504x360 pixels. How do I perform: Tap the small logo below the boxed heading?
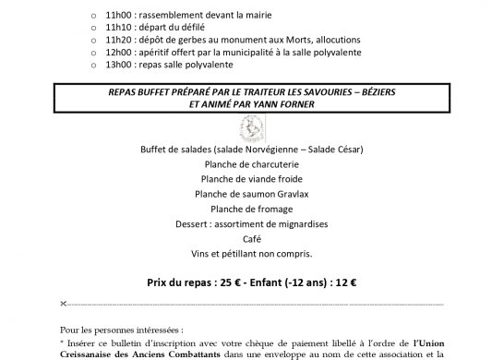(x=252, y=126)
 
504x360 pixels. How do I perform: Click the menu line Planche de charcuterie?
(x=252, y=165)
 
